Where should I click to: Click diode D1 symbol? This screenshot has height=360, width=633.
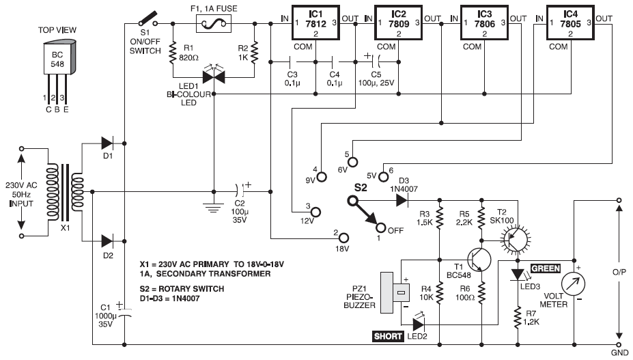(108, 143)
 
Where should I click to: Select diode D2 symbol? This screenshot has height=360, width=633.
(108, 240)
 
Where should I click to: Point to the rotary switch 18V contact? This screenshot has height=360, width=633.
(343, 238)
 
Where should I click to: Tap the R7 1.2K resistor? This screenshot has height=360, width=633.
(516, 316)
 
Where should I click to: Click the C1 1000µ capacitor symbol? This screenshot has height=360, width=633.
(124, 316)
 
